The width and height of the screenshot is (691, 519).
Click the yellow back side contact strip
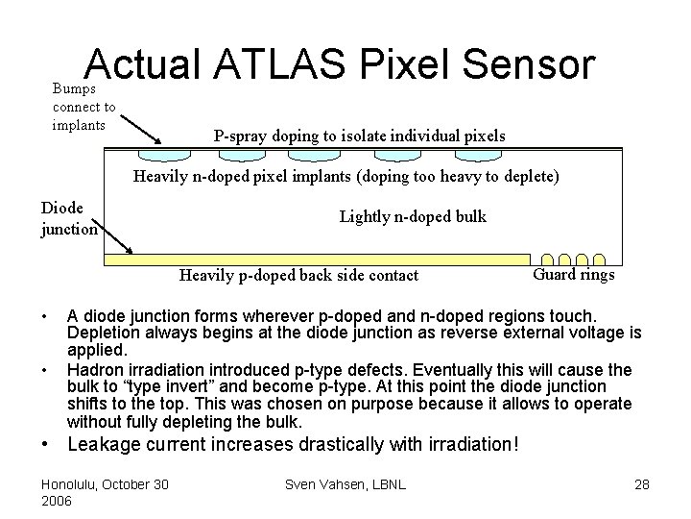click(317, 259)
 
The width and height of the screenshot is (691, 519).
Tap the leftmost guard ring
click(549, 259)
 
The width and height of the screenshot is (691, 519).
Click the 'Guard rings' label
click(573, 275)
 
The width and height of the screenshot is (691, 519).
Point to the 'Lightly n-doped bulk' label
click(413, 216)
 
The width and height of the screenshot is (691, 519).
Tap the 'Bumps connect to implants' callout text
click(83, 106)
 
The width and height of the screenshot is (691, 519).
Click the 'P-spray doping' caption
click(359, 136)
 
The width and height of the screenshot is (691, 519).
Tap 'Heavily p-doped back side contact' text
click(299, 276)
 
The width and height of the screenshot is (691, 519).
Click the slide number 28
click(641, 483)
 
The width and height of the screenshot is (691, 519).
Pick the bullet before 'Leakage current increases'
click(45, 445)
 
